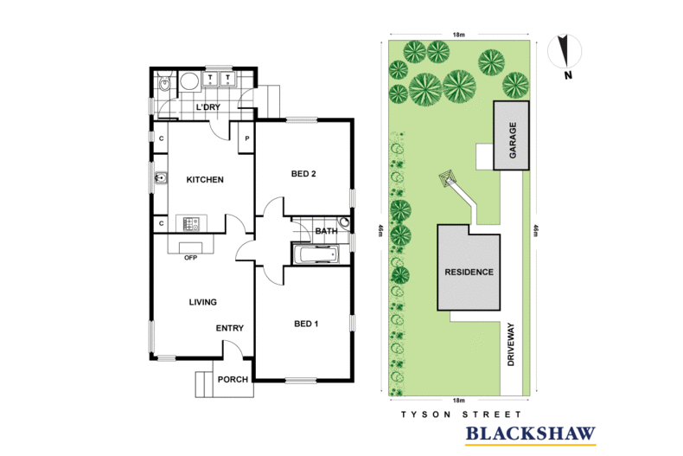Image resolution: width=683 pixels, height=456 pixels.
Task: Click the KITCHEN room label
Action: point(205,180)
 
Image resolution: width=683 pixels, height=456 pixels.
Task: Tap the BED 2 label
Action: point(303,174)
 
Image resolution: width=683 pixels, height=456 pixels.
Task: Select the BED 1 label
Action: point(306,324)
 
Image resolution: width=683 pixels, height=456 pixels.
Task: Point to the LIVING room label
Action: point(203,302)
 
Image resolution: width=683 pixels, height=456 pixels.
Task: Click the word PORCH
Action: point(233,380)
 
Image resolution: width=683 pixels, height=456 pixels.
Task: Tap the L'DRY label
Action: point(208,107)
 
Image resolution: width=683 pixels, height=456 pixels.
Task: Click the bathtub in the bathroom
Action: point(316,255)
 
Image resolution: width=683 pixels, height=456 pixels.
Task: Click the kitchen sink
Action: point(161,178)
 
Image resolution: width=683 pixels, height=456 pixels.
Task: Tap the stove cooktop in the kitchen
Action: point(191,223)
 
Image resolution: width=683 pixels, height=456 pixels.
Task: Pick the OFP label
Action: point(191,258)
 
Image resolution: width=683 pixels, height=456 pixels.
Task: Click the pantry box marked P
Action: point(246,138)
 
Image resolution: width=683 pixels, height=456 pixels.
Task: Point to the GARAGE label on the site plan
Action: point(513,140)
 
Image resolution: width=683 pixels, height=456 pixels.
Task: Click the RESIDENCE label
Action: point(469,272)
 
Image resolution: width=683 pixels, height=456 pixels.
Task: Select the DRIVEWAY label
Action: point(511,344)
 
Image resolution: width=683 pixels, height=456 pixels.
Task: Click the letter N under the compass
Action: point(568,75)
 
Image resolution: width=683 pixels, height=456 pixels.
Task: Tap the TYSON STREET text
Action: point(462,414)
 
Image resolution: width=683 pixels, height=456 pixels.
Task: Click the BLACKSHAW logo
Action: point(531,434)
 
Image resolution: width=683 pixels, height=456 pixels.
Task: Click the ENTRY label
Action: point(230,328)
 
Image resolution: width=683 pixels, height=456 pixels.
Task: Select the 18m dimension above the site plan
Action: point(459,35)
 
